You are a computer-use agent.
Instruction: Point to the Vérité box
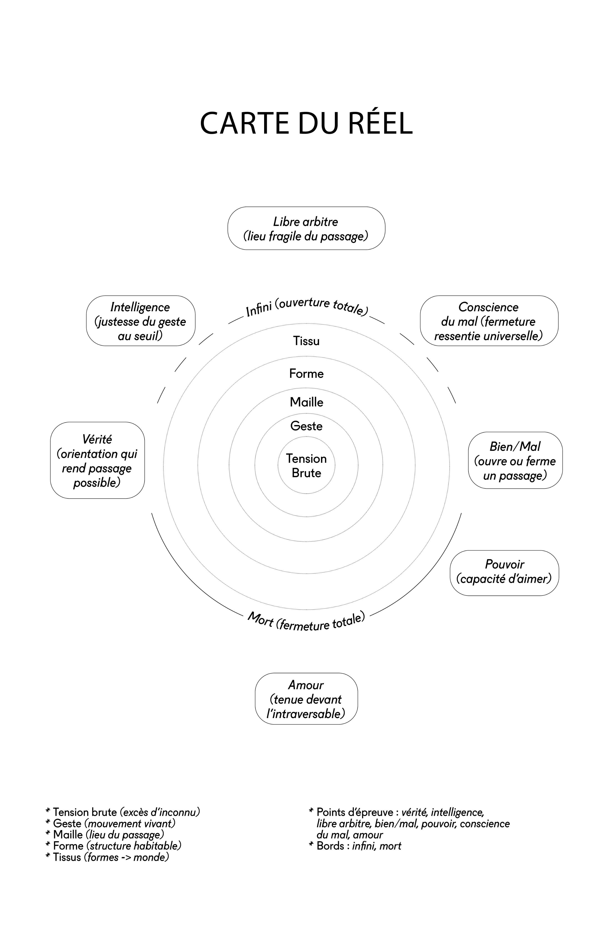pos(98,460)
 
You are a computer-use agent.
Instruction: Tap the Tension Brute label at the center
pos(306,465)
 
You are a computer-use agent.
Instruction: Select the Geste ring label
pos(306,426)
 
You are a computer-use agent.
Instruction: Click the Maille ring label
pos(306,402)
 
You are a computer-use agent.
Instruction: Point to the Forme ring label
pos(306,374)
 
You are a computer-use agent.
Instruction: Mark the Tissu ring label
pos(306,341)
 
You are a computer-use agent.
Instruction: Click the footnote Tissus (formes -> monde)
pos(108,857)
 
